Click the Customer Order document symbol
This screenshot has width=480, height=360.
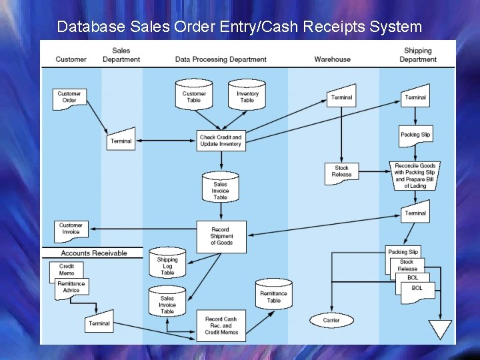click(69, 98)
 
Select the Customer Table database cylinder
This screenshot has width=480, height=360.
click(194, 95)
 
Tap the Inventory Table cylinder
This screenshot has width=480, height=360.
click(247, 95)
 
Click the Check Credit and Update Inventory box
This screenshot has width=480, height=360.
click(221, 141)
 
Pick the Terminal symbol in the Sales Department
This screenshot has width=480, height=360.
click(121, 140)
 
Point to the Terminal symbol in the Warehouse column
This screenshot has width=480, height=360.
click(341, 97)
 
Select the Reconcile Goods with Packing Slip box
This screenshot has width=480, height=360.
click(415, 175)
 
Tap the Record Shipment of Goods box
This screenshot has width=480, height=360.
click(221, 237)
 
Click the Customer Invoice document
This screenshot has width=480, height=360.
click(71, 230)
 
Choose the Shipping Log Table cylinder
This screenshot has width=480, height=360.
click(167, 264)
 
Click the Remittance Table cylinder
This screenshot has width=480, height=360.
click(273, 296)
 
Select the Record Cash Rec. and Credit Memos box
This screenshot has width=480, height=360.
click(221, 325)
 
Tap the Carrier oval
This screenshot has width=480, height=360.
click(331, 320)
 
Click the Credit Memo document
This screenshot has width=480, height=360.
click(66, 270)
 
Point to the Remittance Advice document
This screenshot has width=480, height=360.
click(72, 287)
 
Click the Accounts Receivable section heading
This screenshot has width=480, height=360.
click(93, 253)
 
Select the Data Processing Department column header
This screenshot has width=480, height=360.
click(221, 59)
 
